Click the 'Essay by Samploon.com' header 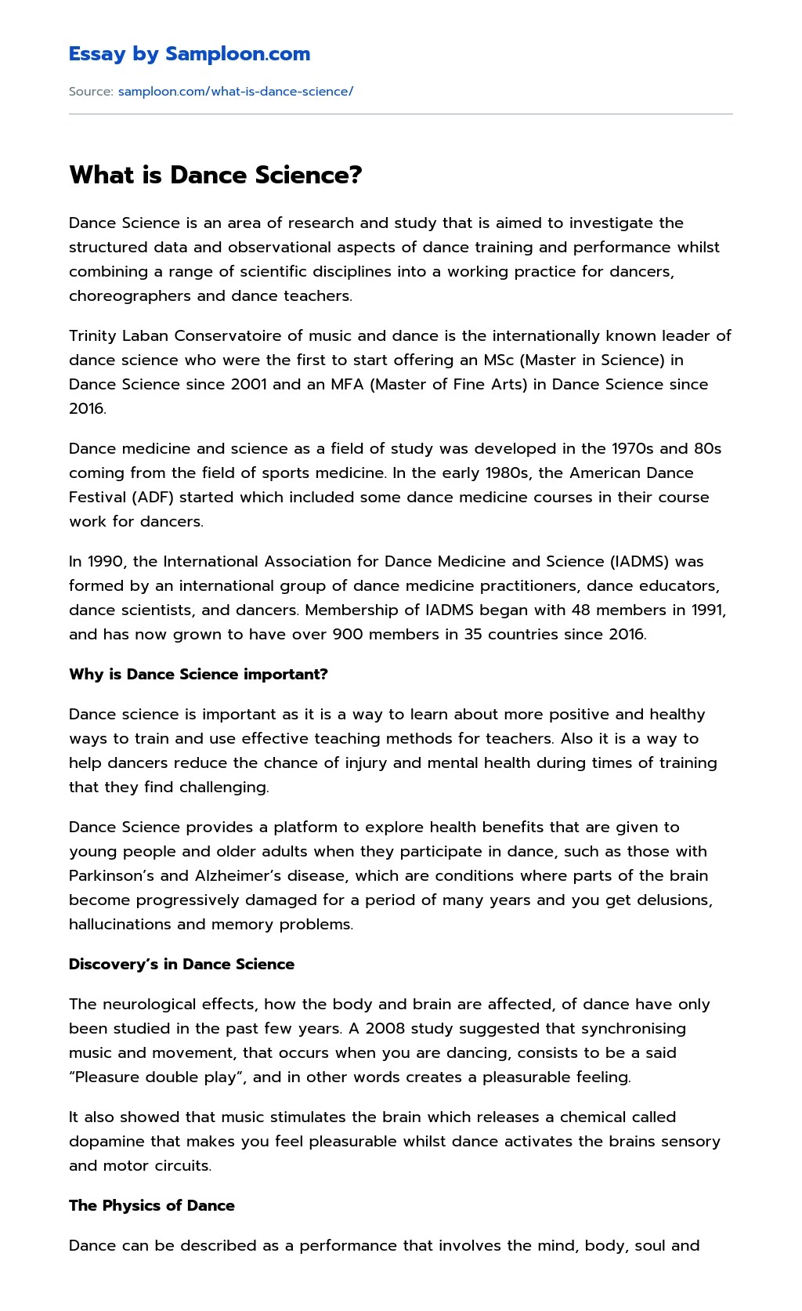click(x=189, y=54)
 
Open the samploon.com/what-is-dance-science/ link click(x=235, y=92)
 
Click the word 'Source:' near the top click(x=91, y=92)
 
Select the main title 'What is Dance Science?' click(x=215, y=175)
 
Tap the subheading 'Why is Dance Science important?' click(x=198, y=675)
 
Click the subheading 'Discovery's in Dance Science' click(x=182, y=965)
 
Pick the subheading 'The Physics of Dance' click(x=152, y=1206)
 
